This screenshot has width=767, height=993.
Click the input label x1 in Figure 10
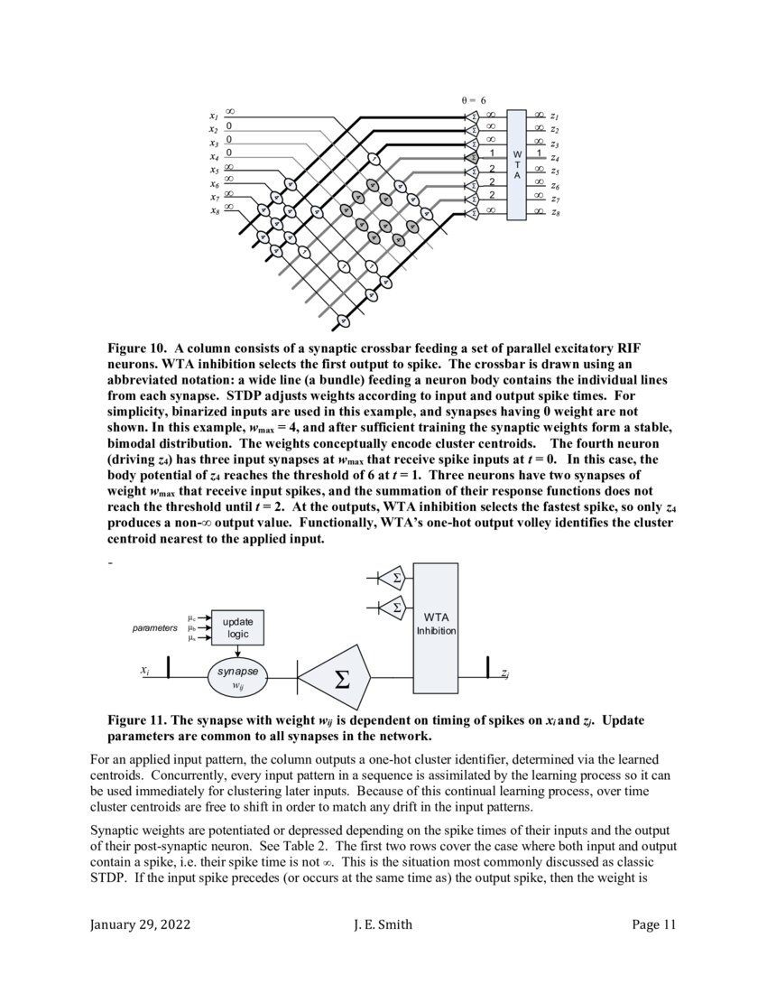(213, 116)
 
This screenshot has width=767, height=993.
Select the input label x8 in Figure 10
(213, 211)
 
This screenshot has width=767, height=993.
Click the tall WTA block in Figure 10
(516, 164)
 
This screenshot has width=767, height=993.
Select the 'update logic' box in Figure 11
(238, 627)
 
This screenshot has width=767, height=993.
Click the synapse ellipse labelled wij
(238, 677)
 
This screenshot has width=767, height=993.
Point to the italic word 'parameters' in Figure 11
(155, 627)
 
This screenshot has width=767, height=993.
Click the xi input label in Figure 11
(144, 671)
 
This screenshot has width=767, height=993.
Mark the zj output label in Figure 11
(505, 673)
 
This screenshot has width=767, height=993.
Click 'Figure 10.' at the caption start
(138, 348)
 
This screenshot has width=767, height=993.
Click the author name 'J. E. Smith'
(383, 923)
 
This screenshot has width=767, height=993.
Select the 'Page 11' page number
(653, 923)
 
